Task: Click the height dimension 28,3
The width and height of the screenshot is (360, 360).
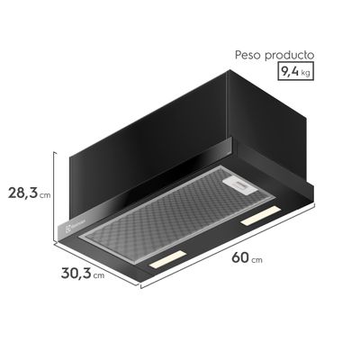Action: (x=21, y=193)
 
